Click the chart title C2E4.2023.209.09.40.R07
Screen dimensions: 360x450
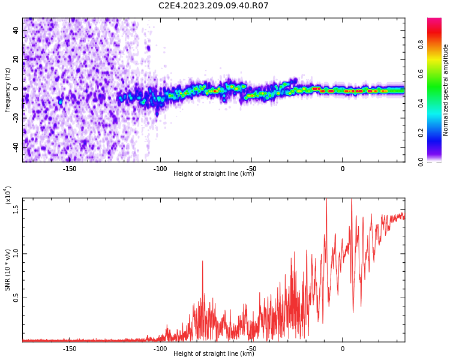pos(214,6)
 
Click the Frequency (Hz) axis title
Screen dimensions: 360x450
pos(8,90)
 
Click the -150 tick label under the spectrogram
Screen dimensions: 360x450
pos(69,168)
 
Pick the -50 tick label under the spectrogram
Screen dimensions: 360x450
pos(251,168)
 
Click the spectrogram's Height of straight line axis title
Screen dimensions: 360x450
pos(214,174)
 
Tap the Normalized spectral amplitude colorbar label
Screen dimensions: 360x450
pos(446,90)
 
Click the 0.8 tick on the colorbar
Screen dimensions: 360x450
pos(437,44)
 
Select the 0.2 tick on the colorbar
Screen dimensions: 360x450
pos(437,133)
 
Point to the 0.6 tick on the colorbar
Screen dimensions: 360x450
pos(437,74)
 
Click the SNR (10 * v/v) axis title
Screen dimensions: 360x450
pos(8,270)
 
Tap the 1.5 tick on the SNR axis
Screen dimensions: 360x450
pos(16,209)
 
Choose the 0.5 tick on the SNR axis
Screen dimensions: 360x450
pos(16,298)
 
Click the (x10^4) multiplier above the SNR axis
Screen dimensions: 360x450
pos(8,195)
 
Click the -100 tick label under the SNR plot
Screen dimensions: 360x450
pos(160,349)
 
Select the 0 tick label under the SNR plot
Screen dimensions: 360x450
pos(343,349)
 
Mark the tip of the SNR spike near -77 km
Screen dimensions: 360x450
pos(203,261)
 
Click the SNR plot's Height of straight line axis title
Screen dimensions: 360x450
pos(214,354)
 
